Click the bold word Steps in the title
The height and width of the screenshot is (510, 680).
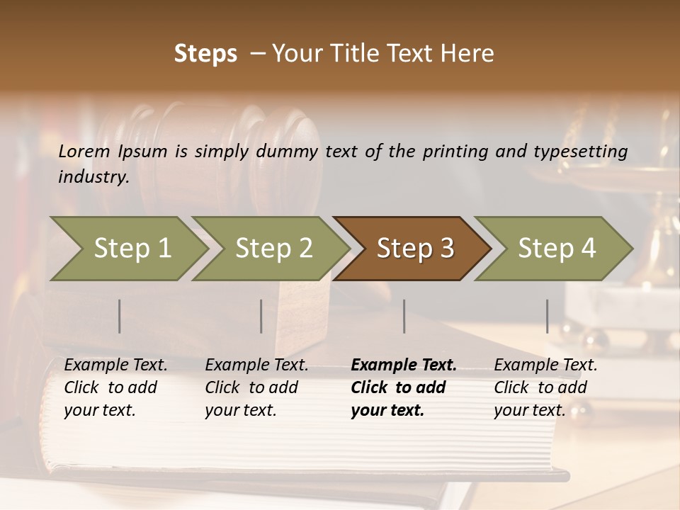coord(205,54)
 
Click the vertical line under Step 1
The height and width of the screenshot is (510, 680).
coord(120,316)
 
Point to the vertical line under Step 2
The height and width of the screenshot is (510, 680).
coord(261,316)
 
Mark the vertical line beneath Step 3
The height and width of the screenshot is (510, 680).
coord(404,316)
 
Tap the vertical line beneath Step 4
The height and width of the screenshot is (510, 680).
coord(548,316)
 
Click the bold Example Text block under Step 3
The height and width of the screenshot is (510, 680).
coord(404,387)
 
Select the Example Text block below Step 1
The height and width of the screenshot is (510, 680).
coord(115,387)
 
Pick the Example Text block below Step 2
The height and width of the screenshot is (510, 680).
coord(256,387)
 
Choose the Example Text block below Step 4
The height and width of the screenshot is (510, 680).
coord(545,387)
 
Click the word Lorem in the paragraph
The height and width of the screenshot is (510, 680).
coord(84,151)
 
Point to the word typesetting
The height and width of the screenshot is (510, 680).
coord(580,152)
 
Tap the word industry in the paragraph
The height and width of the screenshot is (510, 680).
coord(93,177)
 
